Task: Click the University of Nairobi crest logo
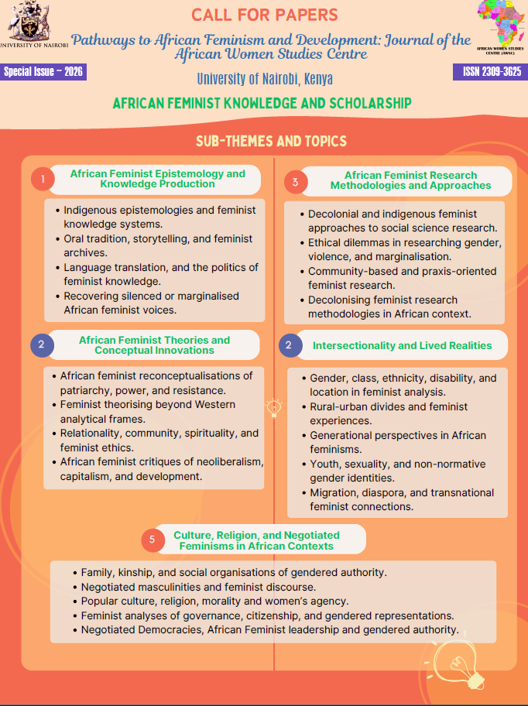coord(28,19)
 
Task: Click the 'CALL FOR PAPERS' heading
coord(264,15)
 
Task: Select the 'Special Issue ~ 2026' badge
coord(43,72)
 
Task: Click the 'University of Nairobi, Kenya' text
coord(264,79)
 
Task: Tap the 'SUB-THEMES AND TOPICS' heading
coord(271,141)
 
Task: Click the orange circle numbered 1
coord(43,180)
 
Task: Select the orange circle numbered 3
coord(294,181)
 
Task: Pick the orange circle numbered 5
coord(153,540)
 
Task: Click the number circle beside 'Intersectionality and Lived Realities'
coord(289,345)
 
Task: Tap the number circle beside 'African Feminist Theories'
coord(42,345)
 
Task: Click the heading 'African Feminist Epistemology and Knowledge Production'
coord(157,179)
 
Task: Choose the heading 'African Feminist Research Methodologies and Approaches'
coord(410,180)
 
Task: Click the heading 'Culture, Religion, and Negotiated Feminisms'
coord(256,540)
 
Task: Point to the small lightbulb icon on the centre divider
coord(273,406)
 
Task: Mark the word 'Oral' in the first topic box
coord(74,238)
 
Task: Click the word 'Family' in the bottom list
coord(97,572)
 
